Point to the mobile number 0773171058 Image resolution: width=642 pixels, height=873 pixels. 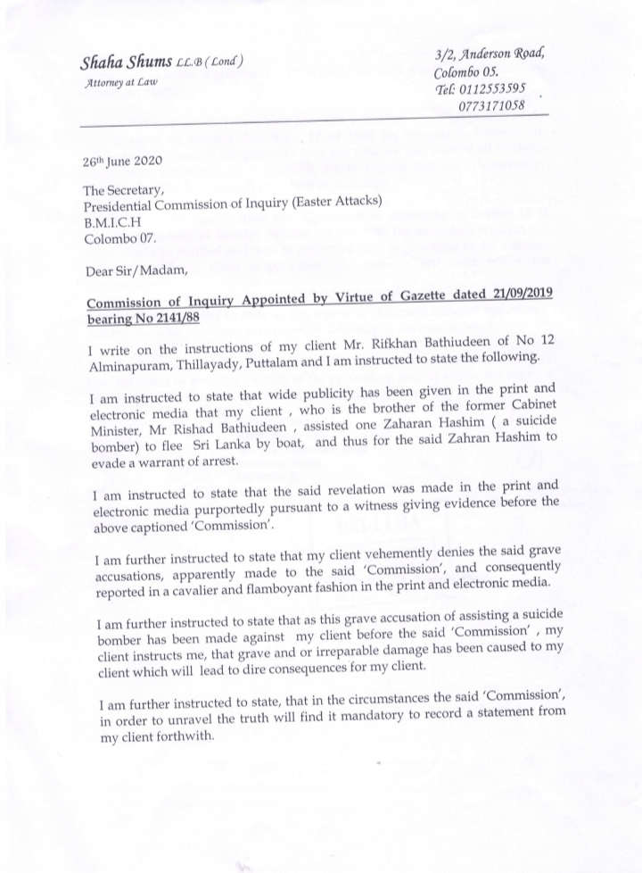(x=491, y=106)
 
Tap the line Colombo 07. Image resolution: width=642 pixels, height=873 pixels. (x=119, y=239)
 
